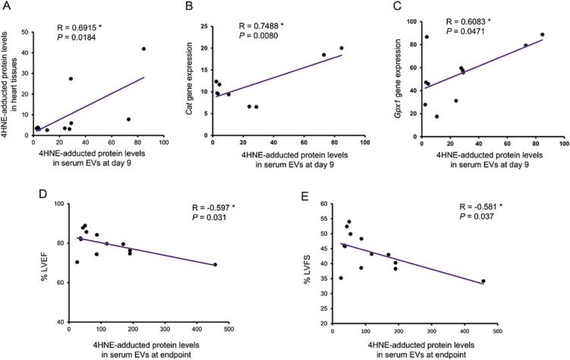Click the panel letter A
tap(6, 7)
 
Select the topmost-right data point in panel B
tap(342, 48)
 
